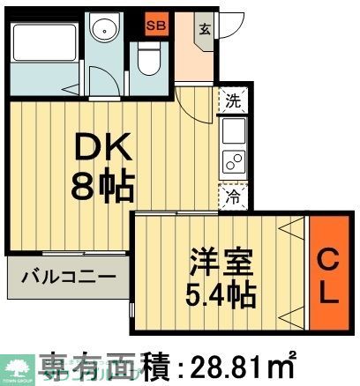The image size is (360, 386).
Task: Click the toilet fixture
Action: point(148,62)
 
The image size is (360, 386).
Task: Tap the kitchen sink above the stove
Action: point(234,132)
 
